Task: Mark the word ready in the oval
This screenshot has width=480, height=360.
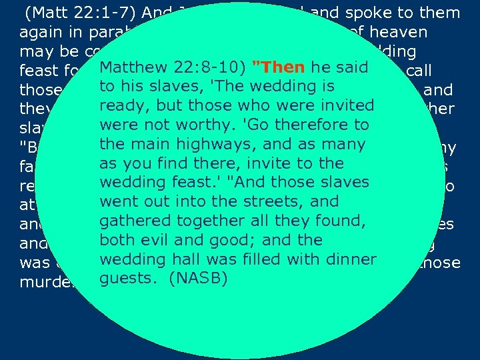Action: click(120, 106)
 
